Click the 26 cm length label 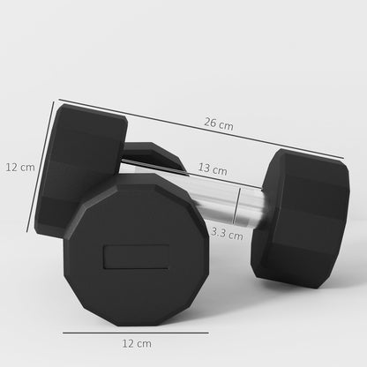[x=220, y=126]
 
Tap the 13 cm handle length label [x=212, y=169]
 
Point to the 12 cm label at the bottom [x=136, y=341]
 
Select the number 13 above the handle [x=205, y=169]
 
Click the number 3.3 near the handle [x=221, y=234]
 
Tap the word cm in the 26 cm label [x=227, y=126]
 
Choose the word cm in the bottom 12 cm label [x=143, y=341]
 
